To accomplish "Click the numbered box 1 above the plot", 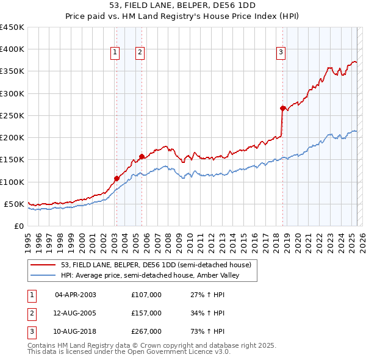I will pyautogui.click(x=115, y=53).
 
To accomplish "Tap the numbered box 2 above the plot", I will pyautogui.click(x=140, y=53).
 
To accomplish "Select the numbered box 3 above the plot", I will pyautogui.click(x=281, y=53).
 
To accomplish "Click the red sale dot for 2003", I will pyautogui.click(x=116, y=179).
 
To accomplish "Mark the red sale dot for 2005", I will pyautogui.click(x=142, y=156).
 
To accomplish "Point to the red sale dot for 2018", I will pyautogui.click(x=282, y=108).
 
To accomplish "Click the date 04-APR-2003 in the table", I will pyautogui.click(x=76, y=295).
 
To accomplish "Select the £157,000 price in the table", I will pyautogui.click(x=146, y=313).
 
